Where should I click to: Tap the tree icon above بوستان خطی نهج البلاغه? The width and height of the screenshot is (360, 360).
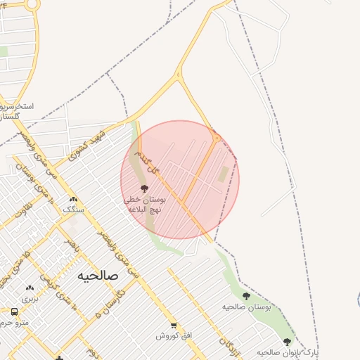coord(145,188)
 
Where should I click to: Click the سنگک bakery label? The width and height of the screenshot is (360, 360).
coord(73,210)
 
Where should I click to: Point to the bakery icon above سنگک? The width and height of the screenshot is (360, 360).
coord(73,199)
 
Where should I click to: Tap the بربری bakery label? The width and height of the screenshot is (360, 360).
coord(29,298)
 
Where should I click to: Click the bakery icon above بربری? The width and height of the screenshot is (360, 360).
coord(29,288)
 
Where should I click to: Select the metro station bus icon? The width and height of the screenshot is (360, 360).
coord(14,311)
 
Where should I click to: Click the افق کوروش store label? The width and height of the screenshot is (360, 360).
coord(174,335)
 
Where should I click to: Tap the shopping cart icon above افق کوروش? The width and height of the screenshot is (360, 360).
coord(174,325)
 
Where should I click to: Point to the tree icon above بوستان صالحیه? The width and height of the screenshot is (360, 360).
coord(246,296)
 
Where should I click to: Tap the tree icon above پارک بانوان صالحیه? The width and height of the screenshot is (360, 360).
coord(287,342)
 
